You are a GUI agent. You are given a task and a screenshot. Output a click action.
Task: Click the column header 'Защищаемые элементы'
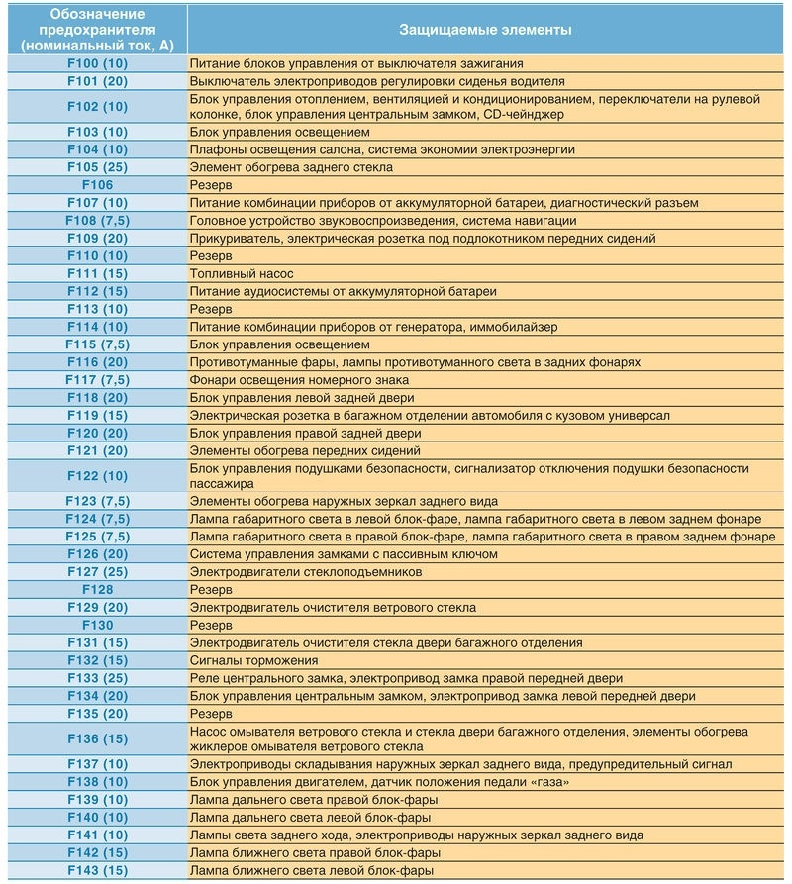click(485, 30)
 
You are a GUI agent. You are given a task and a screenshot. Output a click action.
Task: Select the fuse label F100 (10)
click(97, 64)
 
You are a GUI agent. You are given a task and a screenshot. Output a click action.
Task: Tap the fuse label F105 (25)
click(97, 167)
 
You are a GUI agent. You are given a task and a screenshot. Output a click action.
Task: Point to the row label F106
click(97, 185)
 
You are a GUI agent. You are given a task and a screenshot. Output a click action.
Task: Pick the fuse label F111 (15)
click(97, 273)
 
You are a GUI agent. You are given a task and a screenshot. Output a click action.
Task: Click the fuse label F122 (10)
click(97, 476)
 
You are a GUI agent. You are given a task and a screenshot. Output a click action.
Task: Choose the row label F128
click(97, 590)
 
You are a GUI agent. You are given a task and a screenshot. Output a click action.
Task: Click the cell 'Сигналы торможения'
click(253, 661)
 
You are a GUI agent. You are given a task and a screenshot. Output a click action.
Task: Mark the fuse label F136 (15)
click(97, 738)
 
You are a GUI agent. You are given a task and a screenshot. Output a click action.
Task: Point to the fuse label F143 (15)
click(97, 870)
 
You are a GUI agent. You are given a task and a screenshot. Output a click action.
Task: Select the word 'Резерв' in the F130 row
click(211, 626)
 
